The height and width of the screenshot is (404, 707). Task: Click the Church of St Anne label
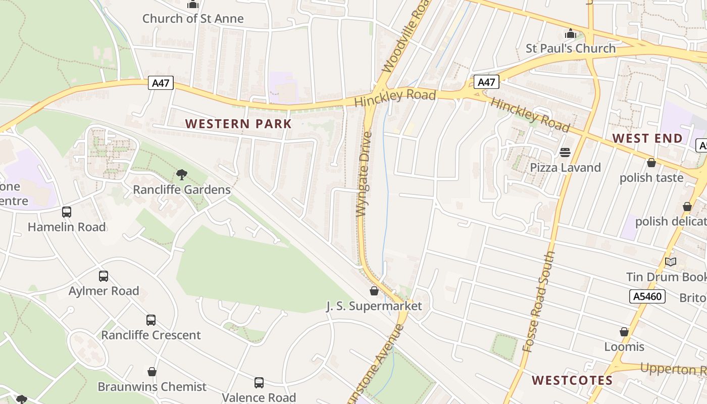pyautogui.click(x=193, y=19)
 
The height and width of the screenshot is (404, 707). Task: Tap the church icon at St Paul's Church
pyautogui.click(x=571, y=34)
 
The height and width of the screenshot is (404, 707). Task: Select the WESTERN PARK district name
pyautogui.click(x=238, y=124)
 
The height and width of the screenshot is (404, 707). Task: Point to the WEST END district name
pyautogui.click(x=647, y=138)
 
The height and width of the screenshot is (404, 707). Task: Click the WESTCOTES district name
pyautogui.click(x=572, y=380)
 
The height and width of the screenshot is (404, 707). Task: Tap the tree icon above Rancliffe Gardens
pyautogui.click(x=181, y=175)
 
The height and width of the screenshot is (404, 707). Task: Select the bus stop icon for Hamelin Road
pyautogui.click(x=67, y=212)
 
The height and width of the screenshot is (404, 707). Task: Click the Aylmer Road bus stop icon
pyautogui.click(x=104, y=276)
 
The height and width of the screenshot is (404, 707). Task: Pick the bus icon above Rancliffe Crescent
pyautogui.click(x=151, y=320)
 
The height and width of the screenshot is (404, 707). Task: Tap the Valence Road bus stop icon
pyautogui.click(x=259, y=383)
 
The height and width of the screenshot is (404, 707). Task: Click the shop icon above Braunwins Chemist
pyautogui.click(x=152, y=372)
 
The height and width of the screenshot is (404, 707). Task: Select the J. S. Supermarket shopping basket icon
pyautogui.click(x=374, y=291)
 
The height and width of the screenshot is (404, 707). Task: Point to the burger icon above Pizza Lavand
pyautogui.click(x=565, y=153)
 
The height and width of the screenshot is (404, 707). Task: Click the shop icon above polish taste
pyautogui.click(x=651, y=163)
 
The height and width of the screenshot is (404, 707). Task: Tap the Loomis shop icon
pyautogui.click(x=624, y=332)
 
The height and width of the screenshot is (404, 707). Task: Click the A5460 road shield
pyautogui.click(x=647, y=296)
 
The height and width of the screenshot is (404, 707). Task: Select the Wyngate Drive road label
pyautogui.click(x=364, y=174)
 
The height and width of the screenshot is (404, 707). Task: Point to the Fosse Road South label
pyautogui.click(x=539, y=301)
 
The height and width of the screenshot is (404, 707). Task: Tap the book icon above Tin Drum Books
pyautogui.click(x=671, y=262)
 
